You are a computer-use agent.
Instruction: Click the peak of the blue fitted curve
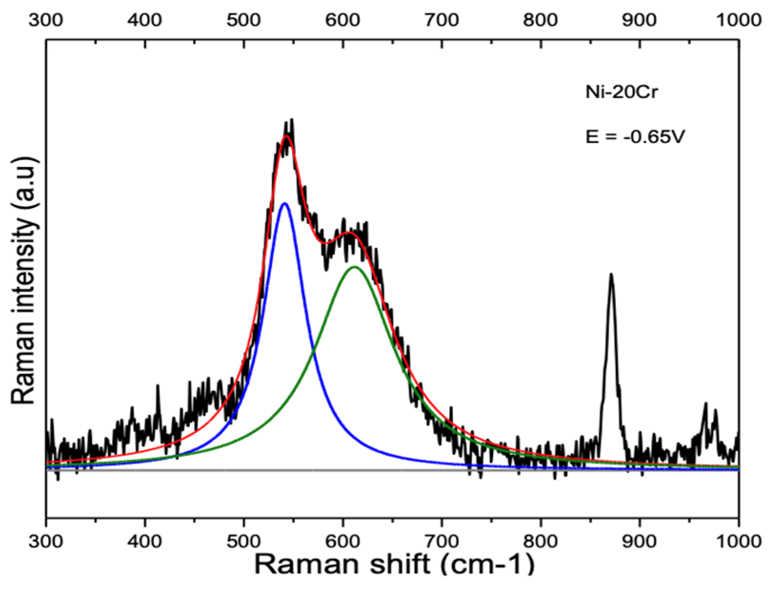pos(285,204)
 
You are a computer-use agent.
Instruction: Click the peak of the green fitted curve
pos(354,267)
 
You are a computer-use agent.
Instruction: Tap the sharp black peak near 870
pos(611,275)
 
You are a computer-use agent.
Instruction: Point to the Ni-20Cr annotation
pos(621,92)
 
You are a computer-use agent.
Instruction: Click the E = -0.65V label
pos(635,137)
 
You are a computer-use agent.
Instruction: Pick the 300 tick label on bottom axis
pos(46,541)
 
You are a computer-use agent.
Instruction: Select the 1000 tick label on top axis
pos(739,20)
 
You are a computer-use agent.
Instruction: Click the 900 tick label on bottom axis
pos(640,541)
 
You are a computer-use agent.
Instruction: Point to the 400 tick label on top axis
pos(145,20)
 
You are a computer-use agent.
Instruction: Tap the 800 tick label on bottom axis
pos(541,541)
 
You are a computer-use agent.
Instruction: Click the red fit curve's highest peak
pos(287,136)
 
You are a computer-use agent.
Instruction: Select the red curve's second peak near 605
pos(349,233)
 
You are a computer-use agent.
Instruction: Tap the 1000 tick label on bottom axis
pos(739,541)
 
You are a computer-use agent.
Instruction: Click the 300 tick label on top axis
pos(46,20)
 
